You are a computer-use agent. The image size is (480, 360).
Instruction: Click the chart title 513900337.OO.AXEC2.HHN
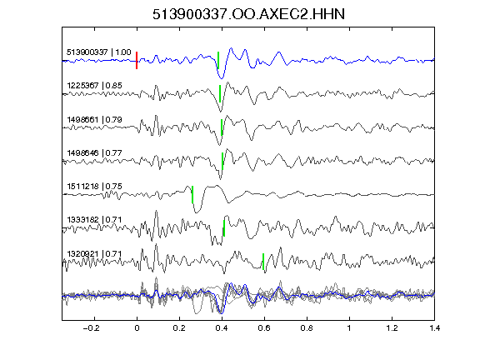[x=248, y=14]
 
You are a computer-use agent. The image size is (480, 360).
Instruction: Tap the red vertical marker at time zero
[x=137, y=60]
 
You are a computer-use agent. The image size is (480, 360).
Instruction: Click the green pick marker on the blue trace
[x=218, y=60]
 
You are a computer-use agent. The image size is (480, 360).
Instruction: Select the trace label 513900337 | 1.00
[x=99, y=52]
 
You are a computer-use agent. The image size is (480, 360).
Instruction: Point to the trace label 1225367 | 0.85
[x=95, y=85]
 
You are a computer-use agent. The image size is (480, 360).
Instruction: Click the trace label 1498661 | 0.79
[x=95, y=119]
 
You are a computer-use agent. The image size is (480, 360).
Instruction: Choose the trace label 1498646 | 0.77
[x=95, y=152]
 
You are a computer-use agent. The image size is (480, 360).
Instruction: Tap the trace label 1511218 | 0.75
[x=95, y=186]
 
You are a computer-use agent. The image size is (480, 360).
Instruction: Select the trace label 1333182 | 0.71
[x=95, y=220]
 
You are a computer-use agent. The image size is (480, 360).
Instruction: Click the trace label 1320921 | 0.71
[x=95, y=254]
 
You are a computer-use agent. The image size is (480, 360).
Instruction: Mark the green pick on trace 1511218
[x=192, y=194]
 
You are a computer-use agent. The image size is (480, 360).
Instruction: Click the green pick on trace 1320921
[x=263, y=262]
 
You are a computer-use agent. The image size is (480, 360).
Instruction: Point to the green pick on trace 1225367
[x=220, y=93]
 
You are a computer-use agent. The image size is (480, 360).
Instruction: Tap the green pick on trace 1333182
[x=224, y=228]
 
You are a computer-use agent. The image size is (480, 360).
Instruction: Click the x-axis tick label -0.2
[x=92, y=328]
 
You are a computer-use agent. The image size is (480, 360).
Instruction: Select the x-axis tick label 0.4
[x=222, y=328]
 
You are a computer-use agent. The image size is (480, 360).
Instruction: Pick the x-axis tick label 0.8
[x=307, y=328]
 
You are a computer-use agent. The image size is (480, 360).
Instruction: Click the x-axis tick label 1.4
[x=434, y=328]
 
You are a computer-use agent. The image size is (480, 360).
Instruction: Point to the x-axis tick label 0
[x=137, y=328]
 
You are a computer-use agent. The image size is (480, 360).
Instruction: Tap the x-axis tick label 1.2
[x=392, y=328]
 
